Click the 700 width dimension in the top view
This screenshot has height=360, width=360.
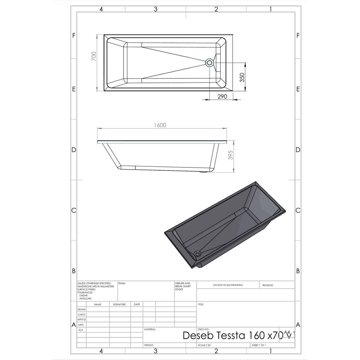[94, 57]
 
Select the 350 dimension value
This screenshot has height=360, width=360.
[242, 77]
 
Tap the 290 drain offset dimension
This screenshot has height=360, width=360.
[222, 96]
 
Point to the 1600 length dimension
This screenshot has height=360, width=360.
[160, 125]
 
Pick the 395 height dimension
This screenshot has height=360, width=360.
[231, 155]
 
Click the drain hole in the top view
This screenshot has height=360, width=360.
[210, 63]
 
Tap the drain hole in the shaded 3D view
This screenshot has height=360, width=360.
[197, 254]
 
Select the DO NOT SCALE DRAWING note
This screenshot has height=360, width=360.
[228, 285]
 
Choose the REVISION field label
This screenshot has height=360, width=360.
[267, 285]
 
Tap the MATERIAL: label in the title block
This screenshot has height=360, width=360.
[150, 329]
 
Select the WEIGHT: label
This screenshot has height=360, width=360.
[149, 345]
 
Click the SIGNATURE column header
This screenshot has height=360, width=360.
[119, 304]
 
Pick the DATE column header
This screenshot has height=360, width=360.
[137, 304]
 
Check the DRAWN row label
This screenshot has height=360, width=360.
[81, 310]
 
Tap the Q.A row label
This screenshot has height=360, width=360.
[81, 329]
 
